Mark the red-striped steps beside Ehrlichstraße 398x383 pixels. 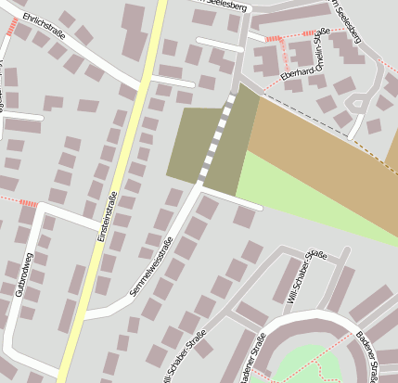pyautogui.click(x=11, y=28)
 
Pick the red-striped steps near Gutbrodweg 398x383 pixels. pyautogui.click(x=28, y=203)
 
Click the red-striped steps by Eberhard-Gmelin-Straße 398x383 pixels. pyautogui.click(x=273, y=39)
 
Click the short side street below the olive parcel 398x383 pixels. pyautogui.click(x=232, y=198)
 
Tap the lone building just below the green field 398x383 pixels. pyautogui.click(x=245, y=218)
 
